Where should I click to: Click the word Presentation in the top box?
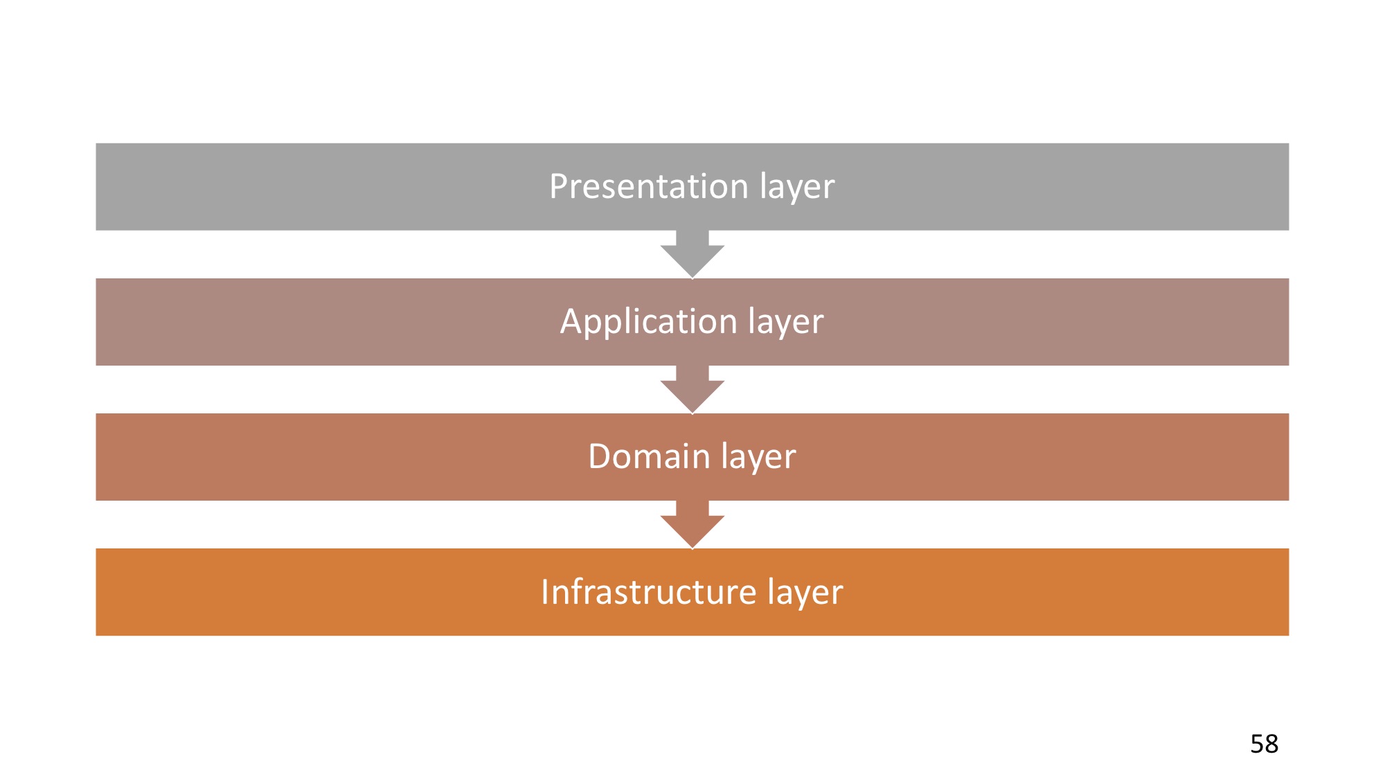[x=648, y=186]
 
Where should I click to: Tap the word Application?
[x=648, y=321]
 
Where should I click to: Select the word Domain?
[x=649, y=456]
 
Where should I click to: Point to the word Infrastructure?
[x=648, y=592]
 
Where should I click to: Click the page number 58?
[x=1264, y=744]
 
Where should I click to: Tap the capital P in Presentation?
[x=560, y=186]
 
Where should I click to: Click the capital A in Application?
[x=572, y=321]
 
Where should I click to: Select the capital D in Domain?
[x=600, y=456]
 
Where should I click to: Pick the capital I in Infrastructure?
[x=545, y=592]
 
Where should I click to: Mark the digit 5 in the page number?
[x=1257, y=744]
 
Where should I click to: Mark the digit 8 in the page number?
[x=1271, y=744]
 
